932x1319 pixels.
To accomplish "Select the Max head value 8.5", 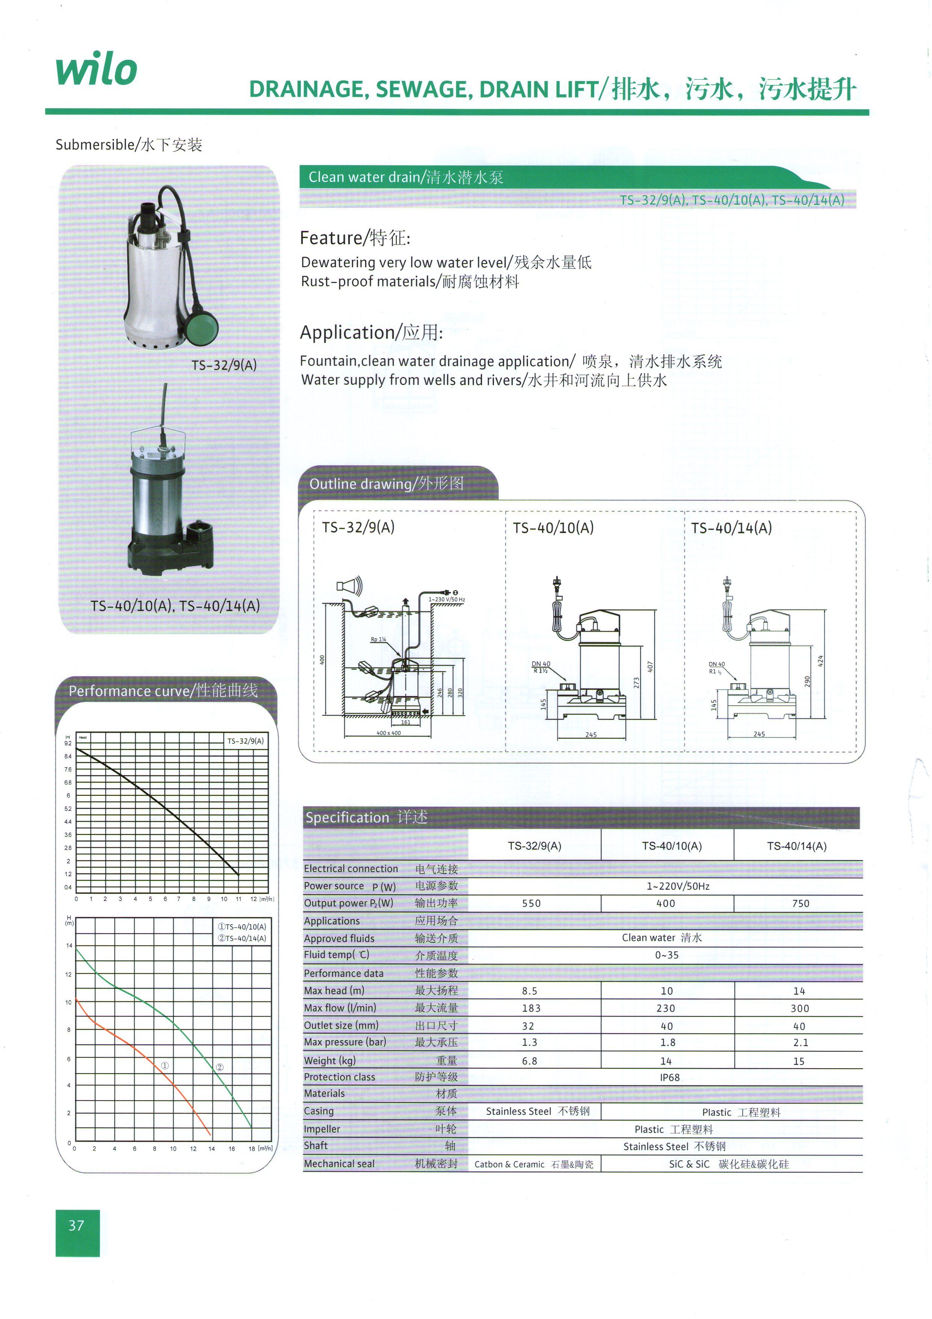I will click(529, 991).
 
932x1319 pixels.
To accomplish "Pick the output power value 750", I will click(801, 904).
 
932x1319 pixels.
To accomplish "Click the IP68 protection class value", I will click(669, 1078).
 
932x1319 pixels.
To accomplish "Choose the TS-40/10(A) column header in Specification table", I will click(671, 846).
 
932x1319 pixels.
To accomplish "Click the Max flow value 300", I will click(799, 1008).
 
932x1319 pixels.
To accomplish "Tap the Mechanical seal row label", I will click(339, 1164).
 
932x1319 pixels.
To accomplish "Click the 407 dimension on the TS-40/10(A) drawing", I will click(650, 667).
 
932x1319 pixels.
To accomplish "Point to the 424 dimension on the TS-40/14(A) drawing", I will click(820, 661).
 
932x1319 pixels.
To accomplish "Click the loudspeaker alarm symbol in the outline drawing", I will click(349, 586).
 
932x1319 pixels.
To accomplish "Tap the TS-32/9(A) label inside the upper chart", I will click(245, 741).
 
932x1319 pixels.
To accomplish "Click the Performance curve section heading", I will click(163, 691).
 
